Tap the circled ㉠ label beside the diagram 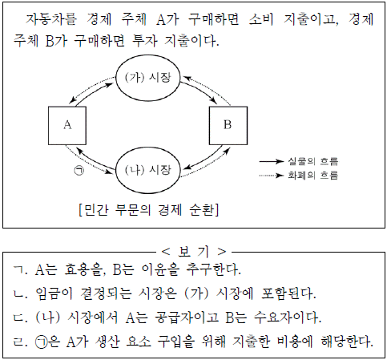coord(79,171)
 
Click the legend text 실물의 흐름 coord(313,161)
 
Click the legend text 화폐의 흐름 coord(313,176)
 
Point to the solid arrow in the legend coord(272,161)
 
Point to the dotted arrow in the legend coord(272,176)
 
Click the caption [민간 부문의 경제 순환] coord(149,210)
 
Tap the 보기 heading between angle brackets coord(193,252)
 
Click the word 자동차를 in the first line coord(51,19)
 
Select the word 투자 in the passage coord(144,41)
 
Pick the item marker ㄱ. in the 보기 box coord(20,270)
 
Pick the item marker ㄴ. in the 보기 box coord(20,294)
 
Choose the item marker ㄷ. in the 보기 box coord(20,318)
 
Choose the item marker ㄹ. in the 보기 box coord(20,342)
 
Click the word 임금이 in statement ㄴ coord(54,293)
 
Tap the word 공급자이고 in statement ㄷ coord(187,318)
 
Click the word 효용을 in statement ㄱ coord(83,269)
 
